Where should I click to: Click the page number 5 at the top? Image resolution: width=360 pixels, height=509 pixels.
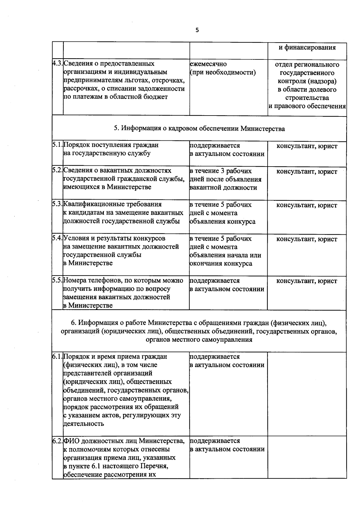(197, 30)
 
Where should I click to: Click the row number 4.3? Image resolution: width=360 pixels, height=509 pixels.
(57, 64)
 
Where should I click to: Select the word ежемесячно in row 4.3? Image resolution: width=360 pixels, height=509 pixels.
(208, 64)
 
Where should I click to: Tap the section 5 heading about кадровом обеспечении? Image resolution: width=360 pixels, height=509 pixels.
(199, 129)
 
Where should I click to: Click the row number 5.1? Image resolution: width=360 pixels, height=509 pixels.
(57, 145)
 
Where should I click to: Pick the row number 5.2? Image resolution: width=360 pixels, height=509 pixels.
(57, 170)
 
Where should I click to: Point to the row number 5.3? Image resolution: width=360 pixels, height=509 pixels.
(57, 204)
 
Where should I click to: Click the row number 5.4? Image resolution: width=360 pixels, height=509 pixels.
(57, 238)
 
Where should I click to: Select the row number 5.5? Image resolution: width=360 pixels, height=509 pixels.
(57, 280)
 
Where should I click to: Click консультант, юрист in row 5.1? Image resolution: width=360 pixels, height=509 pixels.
(307, 146)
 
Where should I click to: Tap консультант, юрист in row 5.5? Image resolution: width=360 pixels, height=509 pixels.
(307, 281)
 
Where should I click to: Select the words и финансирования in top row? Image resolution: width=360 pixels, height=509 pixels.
(307, 47)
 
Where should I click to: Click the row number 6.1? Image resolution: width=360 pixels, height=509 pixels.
(57, 357)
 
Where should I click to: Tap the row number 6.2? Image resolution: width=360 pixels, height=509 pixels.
(57, 441)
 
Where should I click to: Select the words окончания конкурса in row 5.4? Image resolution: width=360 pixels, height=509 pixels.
(221, 264)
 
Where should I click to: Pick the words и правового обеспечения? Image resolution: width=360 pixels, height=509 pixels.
(307, 106)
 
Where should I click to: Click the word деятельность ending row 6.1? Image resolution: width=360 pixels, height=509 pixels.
(84, 424)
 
